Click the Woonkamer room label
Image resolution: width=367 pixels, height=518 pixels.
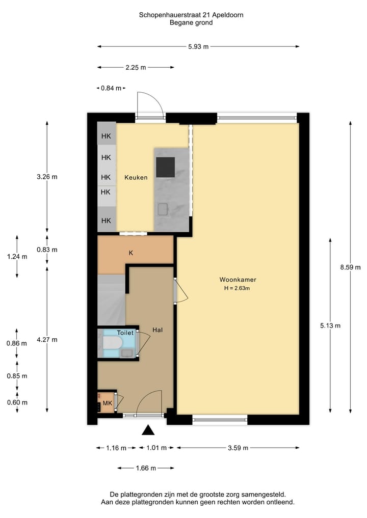(x=238, y=280)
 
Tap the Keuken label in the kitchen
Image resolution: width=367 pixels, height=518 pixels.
(x=136, y=177)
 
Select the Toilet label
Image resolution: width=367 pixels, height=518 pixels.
(x=125, y=333)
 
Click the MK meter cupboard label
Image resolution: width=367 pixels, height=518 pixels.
(x=107, y=403)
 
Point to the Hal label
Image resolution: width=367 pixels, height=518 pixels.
(x=158, y=330)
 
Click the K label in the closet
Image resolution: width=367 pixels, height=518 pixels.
(x=131, y=253)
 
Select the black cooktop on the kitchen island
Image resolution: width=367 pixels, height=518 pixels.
(x=165, y=166)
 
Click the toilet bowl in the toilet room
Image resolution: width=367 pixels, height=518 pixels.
(x=111, y=342)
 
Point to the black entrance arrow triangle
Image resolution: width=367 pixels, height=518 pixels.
(x=148, y=430)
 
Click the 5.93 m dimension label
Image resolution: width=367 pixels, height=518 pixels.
(x=198, y=47)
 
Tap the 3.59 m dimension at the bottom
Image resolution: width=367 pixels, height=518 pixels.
(x=238, y=448)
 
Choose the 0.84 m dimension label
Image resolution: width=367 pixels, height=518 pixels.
(x=111, y=88)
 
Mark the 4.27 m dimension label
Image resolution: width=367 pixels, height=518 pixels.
(x=47, y=340)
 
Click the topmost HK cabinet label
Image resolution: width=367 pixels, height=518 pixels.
(x=106, y=136)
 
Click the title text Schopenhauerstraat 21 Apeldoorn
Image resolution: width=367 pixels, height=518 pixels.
(x=191, y=15)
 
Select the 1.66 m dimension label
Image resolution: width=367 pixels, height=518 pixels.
(x=145, y=469)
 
